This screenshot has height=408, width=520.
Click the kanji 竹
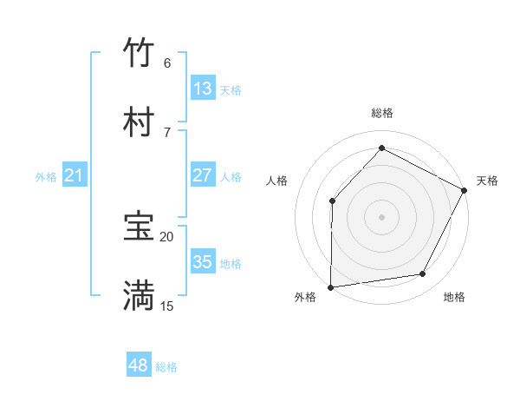coord(139,53)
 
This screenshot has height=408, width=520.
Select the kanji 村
coord(139,123)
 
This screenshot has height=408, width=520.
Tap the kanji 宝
coord(139,227)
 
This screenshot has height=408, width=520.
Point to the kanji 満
coord(139,296)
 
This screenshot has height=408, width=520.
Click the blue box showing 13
coord(203,89)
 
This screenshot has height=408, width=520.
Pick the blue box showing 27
coord(203,175)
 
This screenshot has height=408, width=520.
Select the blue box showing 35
coord(203,262)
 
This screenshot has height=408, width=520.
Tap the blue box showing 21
coord(75,175)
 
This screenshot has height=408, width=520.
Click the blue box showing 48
coord(139,365)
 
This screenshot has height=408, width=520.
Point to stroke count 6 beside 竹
coord(166,63)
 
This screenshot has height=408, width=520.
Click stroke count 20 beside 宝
coord(166,236)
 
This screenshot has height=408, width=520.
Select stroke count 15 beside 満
coord(166,306)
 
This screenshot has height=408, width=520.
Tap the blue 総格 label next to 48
coord(166,367)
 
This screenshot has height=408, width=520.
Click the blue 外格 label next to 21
coord(46,177)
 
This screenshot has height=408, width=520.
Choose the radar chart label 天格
coord(487,181)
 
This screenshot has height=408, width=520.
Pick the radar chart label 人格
coord(276,181)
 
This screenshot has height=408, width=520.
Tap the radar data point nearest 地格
coord(423,274)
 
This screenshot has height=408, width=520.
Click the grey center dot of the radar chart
coord(381,217)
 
